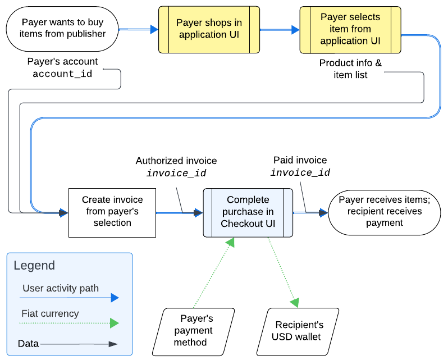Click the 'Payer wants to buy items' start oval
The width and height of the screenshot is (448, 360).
click(62, 29)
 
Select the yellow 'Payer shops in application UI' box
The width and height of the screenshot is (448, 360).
click(209, 29)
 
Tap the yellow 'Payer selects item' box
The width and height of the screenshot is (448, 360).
click(350, 30)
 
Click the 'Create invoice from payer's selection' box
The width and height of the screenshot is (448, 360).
click(112, 212)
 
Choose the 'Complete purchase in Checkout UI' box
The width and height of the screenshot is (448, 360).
click(248, 212)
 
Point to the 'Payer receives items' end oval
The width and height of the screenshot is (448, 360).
click(385, 212)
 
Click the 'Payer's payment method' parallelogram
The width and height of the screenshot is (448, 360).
click(194, 332)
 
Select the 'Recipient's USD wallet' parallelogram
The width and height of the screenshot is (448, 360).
click(298, 332)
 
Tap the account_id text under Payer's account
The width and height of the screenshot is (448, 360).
click(62, 74)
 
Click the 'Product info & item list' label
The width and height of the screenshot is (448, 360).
click(350, 69)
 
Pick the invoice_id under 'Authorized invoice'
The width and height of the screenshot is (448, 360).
click(176, 173)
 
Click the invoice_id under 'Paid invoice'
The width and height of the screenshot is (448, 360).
click(300, 172)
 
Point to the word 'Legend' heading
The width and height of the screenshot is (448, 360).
click(34, 266)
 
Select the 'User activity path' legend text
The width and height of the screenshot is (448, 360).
click(61, 288)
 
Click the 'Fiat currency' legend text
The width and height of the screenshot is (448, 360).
click(50, 313)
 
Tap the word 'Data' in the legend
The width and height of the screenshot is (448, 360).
click(28, 343)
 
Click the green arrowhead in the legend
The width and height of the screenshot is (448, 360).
click(115, 323)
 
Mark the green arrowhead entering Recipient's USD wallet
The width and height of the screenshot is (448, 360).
click(295, 302)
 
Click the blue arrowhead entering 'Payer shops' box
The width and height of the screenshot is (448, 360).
click(154, 29)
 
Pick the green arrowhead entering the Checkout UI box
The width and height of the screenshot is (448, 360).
click(230, 242)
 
